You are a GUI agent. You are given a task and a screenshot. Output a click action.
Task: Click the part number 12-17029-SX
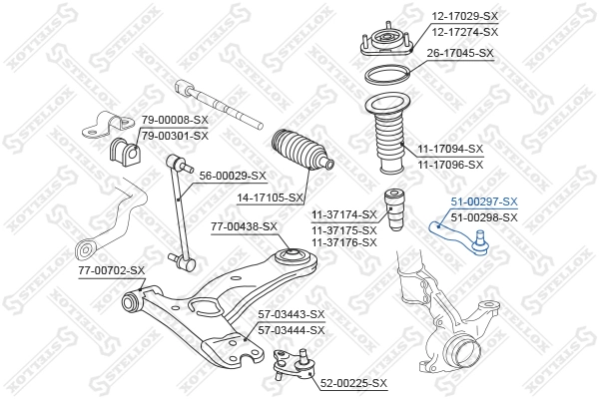(x=464, y=17)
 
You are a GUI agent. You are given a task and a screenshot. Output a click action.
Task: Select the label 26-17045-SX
(x=460, y=53)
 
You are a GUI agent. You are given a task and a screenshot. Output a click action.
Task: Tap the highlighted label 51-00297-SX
(x=484, y=201)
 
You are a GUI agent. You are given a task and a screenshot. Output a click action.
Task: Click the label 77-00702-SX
(x=111, y=270)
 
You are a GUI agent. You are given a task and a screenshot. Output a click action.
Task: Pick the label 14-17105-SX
(x=271, y=199)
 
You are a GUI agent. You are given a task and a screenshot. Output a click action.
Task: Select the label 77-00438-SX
(x=244, y=227)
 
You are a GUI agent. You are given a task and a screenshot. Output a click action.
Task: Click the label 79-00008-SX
(x=174, y=121)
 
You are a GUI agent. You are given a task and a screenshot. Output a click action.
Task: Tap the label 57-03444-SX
(x=292, y=329)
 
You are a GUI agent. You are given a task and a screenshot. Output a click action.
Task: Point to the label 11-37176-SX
(x=343, y=242)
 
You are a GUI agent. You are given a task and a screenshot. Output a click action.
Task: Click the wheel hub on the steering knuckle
(x=459, y=349)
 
